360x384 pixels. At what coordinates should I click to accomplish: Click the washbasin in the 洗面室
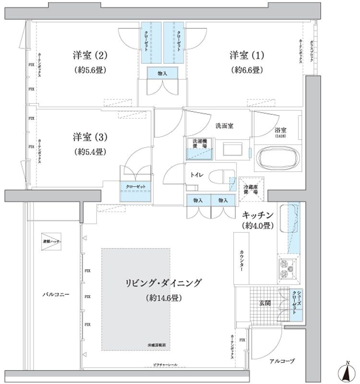tap(232, 150)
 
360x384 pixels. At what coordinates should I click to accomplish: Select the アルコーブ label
tap(282, 361)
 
